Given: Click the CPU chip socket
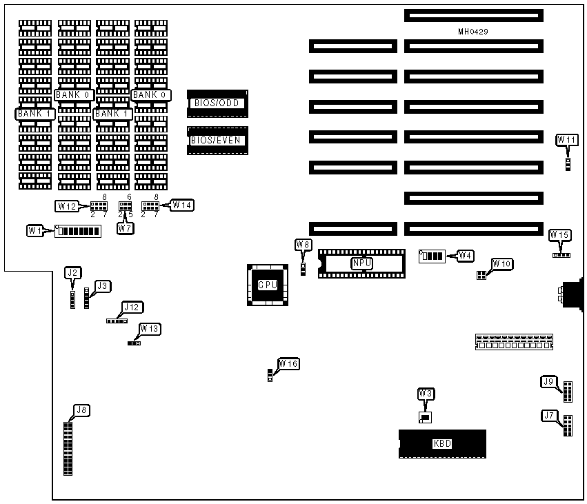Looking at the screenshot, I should (x=267, y=285).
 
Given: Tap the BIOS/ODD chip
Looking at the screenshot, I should (x=217, y=103).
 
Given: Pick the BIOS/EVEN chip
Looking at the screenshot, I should (x=217, y=141).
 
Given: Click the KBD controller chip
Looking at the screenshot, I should (x=442, y=443).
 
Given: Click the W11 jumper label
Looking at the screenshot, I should (x=567, y=140).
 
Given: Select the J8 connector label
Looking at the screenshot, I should (x=81, y=410).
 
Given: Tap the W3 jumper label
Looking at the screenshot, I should (x=426, y=394).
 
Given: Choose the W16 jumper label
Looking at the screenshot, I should (x=288, y=363).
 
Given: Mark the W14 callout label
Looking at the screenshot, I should (x=182, y=205).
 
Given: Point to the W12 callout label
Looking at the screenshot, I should (x=67, y=205).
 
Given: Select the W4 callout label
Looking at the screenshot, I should (x=465, y=256).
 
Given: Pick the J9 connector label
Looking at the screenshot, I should (x=549, y=381).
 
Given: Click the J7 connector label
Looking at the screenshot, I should (x=549, y=415).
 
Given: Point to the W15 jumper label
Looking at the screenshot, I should (x=559, y=235).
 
